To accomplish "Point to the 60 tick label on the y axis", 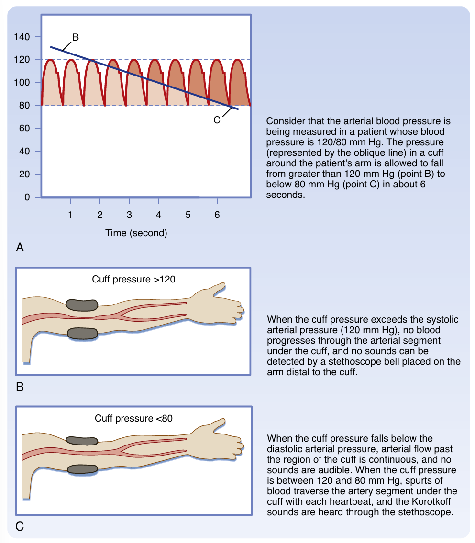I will click(x=25, y=129).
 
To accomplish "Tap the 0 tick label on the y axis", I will click(x=27, y=197).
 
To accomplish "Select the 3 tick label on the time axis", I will click(x=129, y=215).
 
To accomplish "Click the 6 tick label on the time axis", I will click(x=217, y=215).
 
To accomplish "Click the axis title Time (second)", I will click(x=136, y=233).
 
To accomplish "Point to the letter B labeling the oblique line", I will click(x=76, y=37).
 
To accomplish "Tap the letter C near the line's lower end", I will click(x=217, y=120).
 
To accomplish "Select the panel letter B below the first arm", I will click(x=20, y=387).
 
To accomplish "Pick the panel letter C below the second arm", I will click(x=20, y=527).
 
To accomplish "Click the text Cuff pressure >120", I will click(x=133, y=279).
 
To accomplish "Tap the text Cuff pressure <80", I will click(x=133, y=418).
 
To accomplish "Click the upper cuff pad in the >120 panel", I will click(x=82, y=304).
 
